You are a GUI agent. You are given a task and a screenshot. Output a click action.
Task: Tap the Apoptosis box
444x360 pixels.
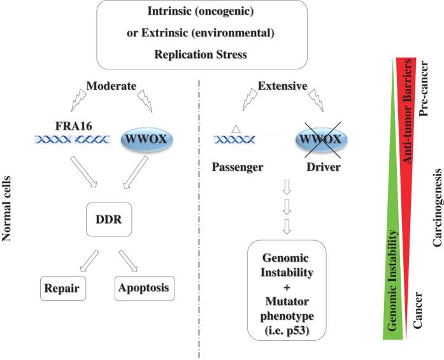tap(147, 287)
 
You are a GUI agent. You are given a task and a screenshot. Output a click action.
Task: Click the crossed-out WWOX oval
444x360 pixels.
tap(320, 138)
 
